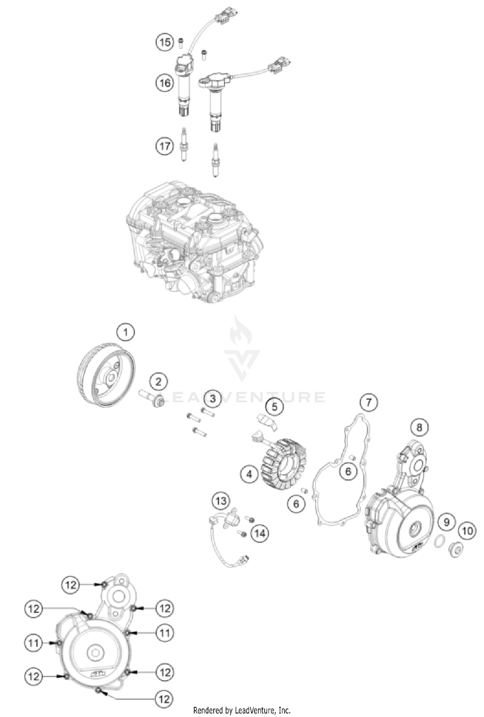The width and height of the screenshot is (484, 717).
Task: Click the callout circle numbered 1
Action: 126,332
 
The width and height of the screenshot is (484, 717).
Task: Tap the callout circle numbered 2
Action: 158,382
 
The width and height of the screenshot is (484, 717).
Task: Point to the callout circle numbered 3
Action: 213,398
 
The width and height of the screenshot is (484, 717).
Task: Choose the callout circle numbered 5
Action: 274,406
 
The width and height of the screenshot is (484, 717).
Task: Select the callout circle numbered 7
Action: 368,402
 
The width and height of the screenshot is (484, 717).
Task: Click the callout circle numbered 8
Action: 419,428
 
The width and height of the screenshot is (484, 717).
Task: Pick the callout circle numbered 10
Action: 468,531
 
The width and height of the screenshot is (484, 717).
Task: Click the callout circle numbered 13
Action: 221,501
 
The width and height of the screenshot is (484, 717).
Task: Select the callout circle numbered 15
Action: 165,42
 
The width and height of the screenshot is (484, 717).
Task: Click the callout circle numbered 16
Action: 165,83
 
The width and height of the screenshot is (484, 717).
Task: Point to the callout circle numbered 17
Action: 165,146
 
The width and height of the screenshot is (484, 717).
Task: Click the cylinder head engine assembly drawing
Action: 194,242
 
